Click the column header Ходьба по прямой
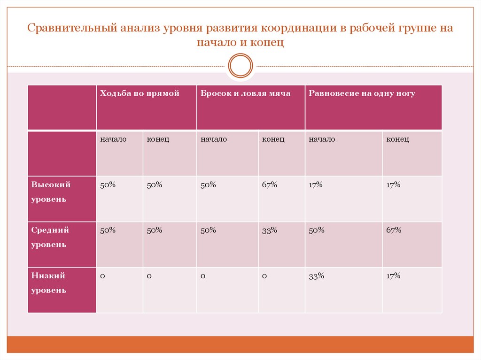tap(140, 93)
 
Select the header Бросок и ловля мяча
tap(245, 93)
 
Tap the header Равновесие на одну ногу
tap(362, 93)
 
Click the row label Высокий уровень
tap(51, 191)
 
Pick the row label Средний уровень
tap(50, 237)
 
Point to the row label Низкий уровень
tap(48, 283)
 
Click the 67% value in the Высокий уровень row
tap(270, 185)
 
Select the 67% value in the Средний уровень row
tap(394, 230)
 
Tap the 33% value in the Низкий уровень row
tap(316, 276)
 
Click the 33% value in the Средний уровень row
tap(270, 230)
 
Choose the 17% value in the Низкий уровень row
tap(393, 276)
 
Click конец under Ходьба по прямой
tap(158, 139)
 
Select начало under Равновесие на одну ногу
tap(322, 139)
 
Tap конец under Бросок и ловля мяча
tap(273, 139)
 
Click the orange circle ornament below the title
tap(240, 66)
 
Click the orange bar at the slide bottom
tap(240, 344)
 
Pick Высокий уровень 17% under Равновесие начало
tap(316, 185)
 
